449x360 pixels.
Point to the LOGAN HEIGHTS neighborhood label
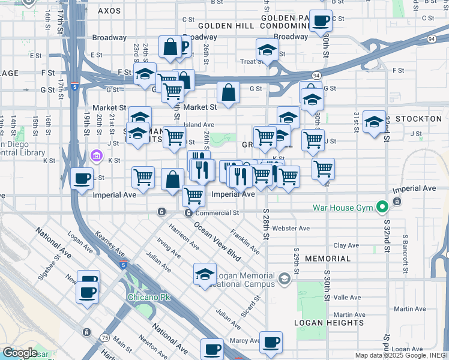point(321,322)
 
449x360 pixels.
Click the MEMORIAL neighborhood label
point(328,259)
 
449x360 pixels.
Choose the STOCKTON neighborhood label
point(420,119)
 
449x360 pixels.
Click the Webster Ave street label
point(291,229)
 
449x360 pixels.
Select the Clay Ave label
point(346,245)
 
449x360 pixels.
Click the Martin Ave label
point(350,315)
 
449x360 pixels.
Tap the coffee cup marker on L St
point(82,177)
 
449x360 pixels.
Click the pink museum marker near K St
point(95,156)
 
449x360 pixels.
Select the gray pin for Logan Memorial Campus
point(285,278)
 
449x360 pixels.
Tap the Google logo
point(20,353)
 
